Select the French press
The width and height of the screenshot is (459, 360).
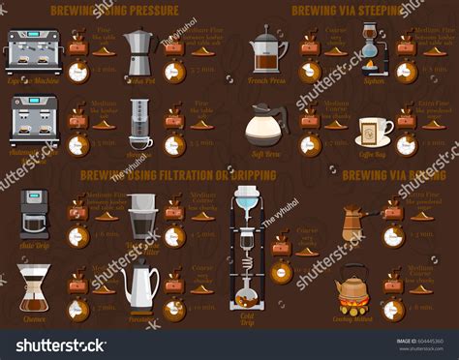[x=268, y=54]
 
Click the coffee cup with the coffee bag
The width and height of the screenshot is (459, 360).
[x=374, y=130]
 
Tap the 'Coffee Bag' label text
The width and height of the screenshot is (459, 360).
[x=374, y=153]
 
